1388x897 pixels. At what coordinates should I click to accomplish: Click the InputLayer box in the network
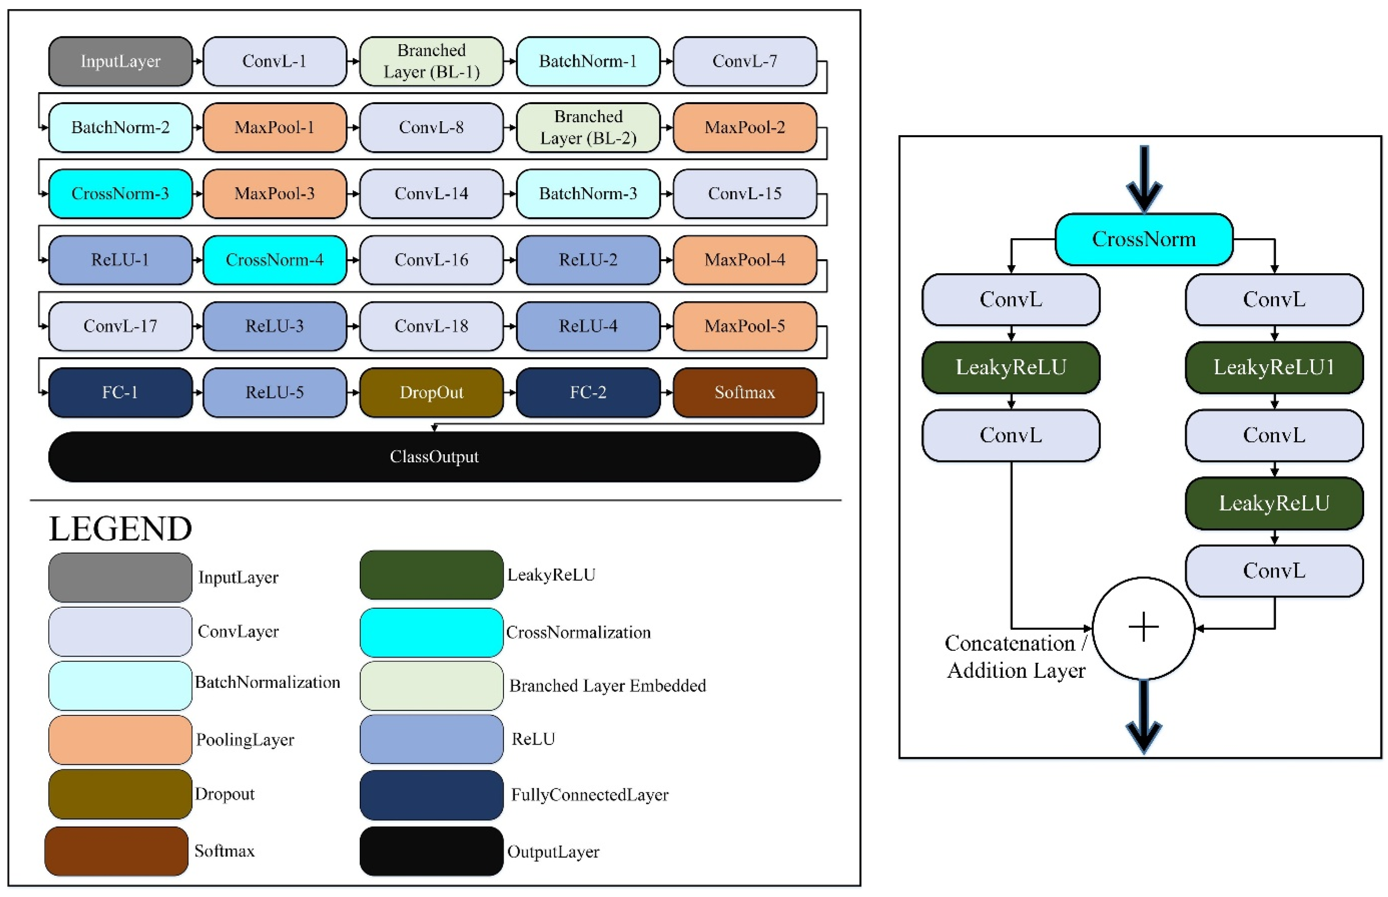(120, 61)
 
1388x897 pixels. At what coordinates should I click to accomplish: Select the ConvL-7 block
(744, 61)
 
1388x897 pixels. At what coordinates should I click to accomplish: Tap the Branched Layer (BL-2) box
(588, 127)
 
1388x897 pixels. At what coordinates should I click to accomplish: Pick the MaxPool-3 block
(274, 193)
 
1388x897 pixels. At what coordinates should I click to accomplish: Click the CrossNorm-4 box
(274, 260)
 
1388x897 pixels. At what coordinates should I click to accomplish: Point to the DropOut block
(431, 392)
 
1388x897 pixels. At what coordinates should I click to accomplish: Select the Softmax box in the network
(744, 392)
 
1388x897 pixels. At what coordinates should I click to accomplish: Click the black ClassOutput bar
(434, 457)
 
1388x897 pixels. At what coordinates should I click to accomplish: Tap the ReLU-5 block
(274, 392)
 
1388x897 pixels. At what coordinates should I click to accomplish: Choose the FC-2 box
(588, 392)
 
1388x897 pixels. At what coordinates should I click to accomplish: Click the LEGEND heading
(120, 529)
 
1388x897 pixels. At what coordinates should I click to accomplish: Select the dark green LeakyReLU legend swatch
(431, 575)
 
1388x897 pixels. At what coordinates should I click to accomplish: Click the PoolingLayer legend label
(245, 740)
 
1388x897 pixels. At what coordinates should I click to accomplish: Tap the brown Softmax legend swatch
(116, 851)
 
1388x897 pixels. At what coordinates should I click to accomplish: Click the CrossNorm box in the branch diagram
(1144, 239)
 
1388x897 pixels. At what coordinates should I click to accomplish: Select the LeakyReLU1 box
(1274, 367)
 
